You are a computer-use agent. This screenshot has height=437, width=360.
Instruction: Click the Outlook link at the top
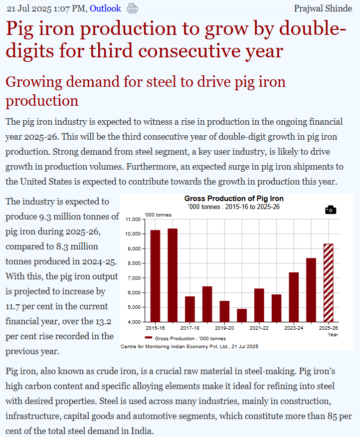coord(105,8)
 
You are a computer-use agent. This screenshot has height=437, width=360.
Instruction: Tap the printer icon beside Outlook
coord(132,8)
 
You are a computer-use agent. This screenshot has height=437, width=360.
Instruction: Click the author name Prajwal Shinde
coord(324,8)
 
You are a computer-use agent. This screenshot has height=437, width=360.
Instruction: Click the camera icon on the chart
coord(330,210)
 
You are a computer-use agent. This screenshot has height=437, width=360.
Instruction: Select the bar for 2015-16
coord(155,275)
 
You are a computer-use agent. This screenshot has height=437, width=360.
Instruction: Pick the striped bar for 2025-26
coord(328,282)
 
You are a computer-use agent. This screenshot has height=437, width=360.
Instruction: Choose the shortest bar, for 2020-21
coord(241,315)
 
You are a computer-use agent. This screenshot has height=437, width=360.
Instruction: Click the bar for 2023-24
coord(294,297)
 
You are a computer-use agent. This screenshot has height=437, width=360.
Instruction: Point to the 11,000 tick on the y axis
coord(133,219)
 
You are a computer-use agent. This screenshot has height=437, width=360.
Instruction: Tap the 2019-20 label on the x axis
coord(224,328)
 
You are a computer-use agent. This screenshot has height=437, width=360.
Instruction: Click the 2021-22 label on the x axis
coord(259,328)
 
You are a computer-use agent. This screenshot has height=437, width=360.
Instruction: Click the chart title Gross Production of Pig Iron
coord(234,199)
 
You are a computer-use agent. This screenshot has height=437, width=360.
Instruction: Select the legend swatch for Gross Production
coord(149,338)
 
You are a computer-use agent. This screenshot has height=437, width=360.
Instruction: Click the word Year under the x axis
coord(333,334)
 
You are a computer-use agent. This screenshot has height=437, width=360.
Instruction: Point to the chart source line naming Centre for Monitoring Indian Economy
coord(189,346)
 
